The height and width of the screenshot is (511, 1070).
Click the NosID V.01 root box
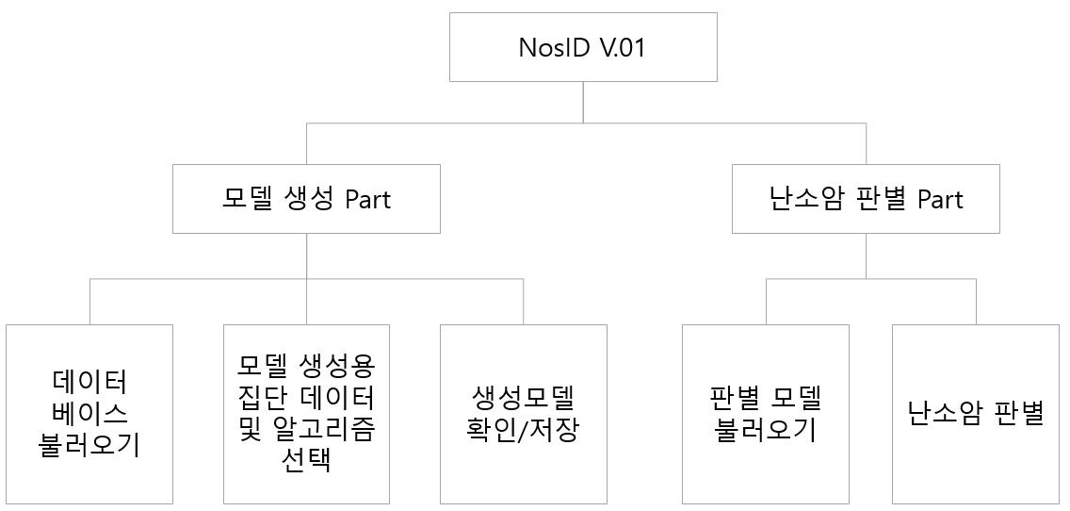click(x=582, y=47)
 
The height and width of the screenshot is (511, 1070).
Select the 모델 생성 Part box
click(x=306, y=199)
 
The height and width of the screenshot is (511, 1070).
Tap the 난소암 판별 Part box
click(x=866, y=199)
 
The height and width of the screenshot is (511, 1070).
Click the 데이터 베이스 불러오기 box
click(x=89, y=414)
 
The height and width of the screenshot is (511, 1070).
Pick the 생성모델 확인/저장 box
click(x=523, y=414)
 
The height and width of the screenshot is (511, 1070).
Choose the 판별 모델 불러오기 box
click(x=765, y=414)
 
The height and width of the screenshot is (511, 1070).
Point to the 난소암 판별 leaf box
click(x=976, y=414)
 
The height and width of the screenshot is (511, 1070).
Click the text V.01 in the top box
click(x=622, y=48)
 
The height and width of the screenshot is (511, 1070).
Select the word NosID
click(x=554, y=48)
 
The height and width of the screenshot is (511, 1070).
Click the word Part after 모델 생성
click(x=367, y=200)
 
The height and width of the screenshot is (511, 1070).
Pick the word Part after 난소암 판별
click(x=940, y=200)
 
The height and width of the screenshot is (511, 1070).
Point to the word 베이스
click(x=89, y=413)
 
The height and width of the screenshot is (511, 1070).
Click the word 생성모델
click(x=523, y=397)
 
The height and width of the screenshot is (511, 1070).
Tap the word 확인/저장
click(x=523, y=430)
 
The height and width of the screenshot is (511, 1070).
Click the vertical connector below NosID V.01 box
click(x=583, y=102)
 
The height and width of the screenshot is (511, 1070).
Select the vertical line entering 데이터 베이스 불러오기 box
click(x=89, y=302)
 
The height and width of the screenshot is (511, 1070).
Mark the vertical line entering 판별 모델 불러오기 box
click(x=766, y=302)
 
